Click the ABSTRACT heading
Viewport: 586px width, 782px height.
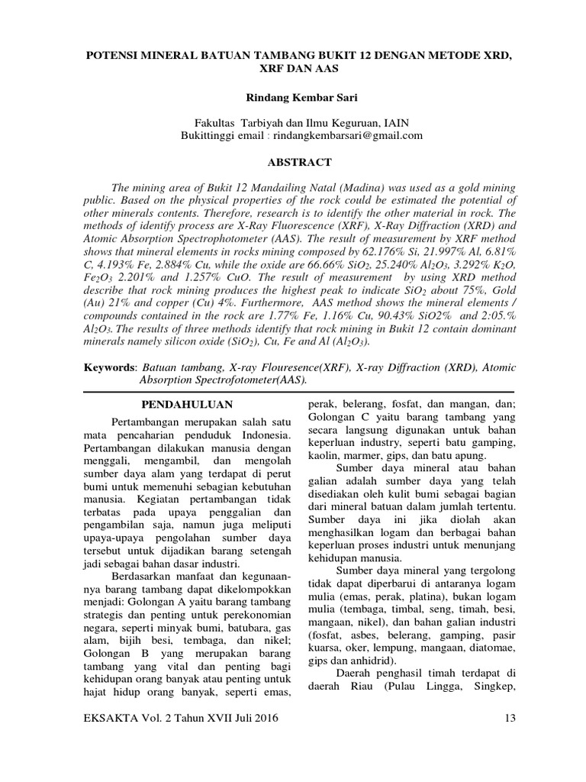point(293,162)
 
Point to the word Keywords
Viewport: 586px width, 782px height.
point(109,367)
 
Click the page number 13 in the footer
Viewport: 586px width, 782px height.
point(511,719)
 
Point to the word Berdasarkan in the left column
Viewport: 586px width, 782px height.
point(143,575)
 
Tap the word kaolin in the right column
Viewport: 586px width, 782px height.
point(322,455)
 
